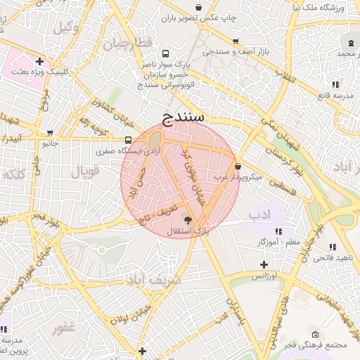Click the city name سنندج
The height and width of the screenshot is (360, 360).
click(182, 116)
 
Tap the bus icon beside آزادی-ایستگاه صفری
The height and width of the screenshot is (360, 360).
click(128, 140)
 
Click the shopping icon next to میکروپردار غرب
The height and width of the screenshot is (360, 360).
click(238, 167)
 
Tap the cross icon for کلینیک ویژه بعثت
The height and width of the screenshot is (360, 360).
click(40, 61)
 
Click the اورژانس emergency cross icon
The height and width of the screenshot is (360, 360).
click(264, 265)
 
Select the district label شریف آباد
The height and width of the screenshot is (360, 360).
click(153, 280)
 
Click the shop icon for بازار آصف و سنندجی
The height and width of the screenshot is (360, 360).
click(235, 41)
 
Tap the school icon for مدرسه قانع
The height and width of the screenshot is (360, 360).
click(335, 84)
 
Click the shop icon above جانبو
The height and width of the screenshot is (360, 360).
click(49, 132)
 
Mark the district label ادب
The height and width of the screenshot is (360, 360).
click(259, 214)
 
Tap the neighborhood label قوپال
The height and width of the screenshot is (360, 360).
click(86, 170)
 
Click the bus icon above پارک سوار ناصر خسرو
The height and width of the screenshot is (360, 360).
click(165, 53)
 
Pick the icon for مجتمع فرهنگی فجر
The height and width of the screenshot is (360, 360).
click(315, 334)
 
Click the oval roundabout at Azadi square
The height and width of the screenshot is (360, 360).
click(153, 141)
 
